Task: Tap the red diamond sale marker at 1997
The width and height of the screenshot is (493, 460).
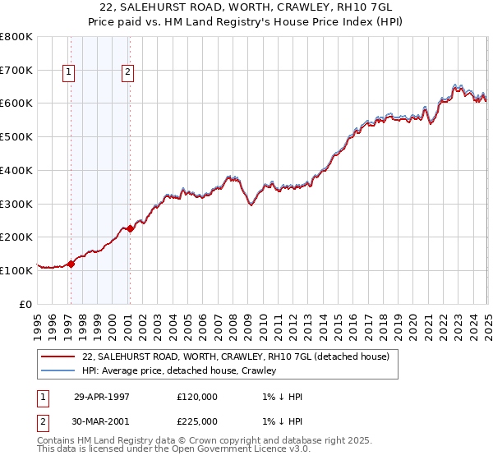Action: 71,264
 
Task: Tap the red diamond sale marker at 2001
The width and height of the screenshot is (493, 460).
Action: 130,228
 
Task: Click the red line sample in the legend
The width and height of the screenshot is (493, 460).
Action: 58,356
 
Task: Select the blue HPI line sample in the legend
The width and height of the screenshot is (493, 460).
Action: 58,370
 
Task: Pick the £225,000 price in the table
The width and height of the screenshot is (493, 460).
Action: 197,421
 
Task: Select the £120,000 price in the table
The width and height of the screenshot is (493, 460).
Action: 197,397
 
